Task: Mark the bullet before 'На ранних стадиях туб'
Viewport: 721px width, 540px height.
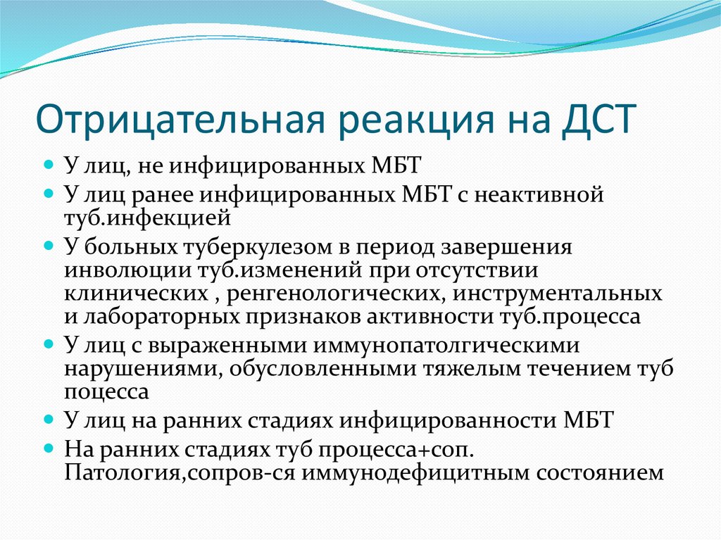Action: [x=49, y=448]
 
